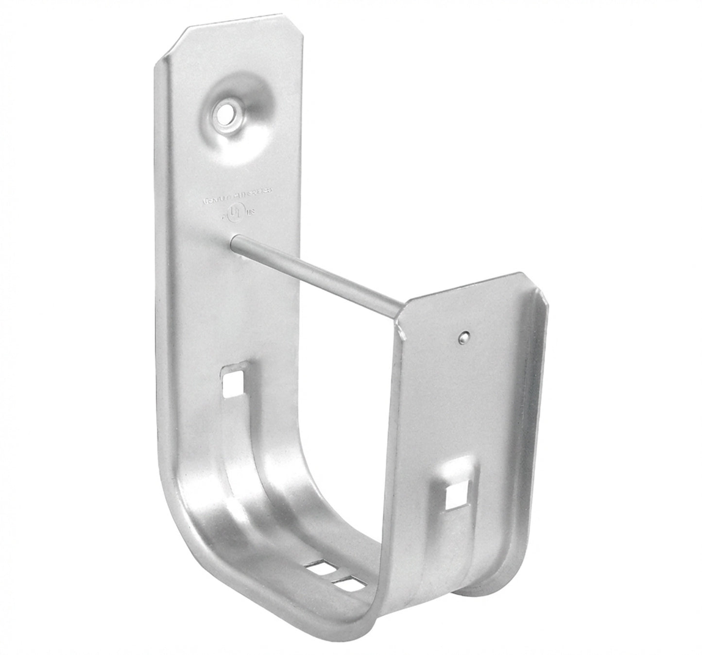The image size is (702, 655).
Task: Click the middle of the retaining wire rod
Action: tap(318, 272)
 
